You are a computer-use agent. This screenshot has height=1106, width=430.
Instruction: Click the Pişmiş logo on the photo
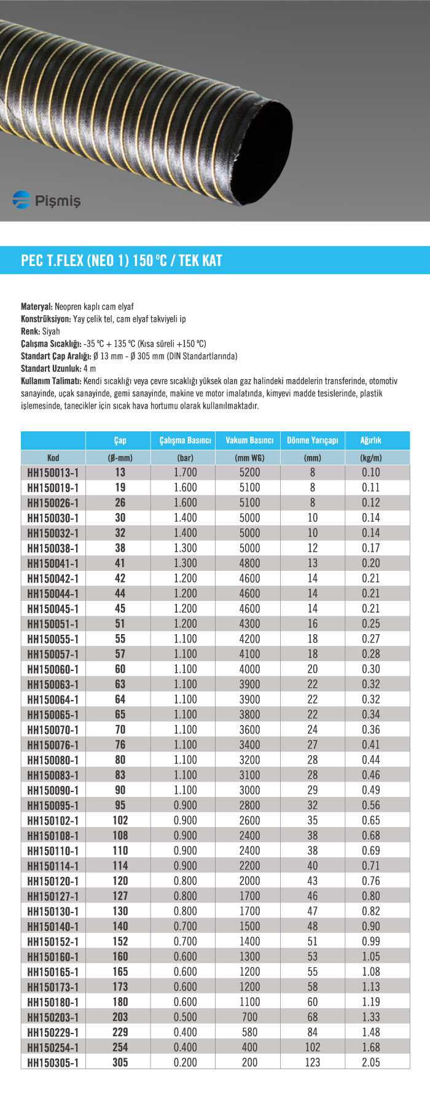[x=47, y=200]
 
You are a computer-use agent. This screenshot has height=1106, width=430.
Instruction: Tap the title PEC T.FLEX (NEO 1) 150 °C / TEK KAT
[x=122, y=261]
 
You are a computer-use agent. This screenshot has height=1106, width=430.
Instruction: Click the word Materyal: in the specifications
[x=37, y=307]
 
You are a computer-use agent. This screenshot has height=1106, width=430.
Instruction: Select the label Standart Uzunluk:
[x=51, y=369]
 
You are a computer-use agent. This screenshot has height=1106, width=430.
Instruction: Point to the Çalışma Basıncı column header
[x=185, y=441]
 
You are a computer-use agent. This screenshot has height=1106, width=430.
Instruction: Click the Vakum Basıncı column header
[x=249, y=441]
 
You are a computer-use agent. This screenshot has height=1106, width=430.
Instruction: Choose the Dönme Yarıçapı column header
[x=312, y=441]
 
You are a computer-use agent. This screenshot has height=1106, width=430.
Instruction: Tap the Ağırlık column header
[x=371, y=441]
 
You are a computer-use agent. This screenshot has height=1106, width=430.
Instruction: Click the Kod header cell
[x=53, y=458]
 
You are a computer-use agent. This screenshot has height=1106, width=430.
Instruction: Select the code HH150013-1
[x=53, y=473]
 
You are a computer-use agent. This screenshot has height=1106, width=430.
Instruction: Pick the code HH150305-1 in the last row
[x=53, y=1062]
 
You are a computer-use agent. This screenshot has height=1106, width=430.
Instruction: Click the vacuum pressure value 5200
[x=249, y=473]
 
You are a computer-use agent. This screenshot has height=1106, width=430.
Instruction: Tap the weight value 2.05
[x=371, y=1062]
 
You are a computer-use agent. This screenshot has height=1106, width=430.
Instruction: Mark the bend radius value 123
[x=312, y=1062]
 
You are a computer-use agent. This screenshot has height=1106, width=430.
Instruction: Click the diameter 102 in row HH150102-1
[x=120, y=820]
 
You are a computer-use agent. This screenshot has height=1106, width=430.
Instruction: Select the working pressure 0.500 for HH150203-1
[x=185, y=1017]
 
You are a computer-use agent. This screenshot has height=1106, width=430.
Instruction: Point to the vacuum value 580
[x=249, y=1032]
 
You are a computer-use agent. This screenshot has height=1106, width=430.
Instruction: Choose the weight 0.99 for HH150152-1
[x=371, y=941]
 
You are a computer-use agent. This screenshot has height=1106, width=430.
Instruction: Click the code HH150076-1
[x=53, y=745]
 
